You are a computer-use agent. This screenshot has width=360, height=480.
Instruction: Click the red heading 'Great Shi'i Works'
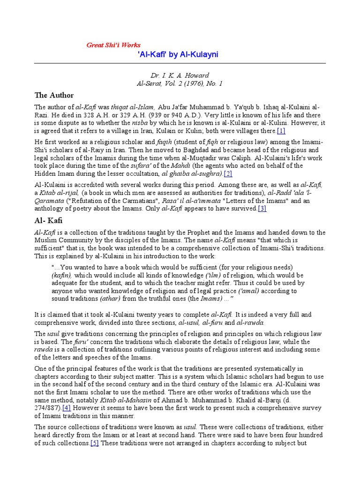point(113,45)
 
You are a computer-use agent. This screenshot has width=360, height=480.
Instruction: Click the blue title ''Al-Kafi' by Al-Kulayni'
point(178,55)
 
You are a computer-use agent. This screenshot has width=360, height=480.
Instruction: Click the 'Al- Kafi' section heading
point(48,220)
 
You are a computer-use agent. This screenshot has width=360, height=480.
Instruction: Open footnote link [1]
point(281,131)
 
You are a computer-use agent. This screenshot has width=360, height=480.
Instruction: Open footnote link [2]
point(228,174)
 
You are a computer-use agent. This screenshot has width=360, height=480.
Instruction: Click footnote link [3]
point(262,209)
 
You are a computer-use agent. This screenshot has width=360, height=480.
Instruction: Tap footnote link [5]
point(95,443)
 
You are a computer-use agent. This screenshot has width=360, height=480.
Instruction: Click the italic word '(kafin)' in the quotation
point(62,276)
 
